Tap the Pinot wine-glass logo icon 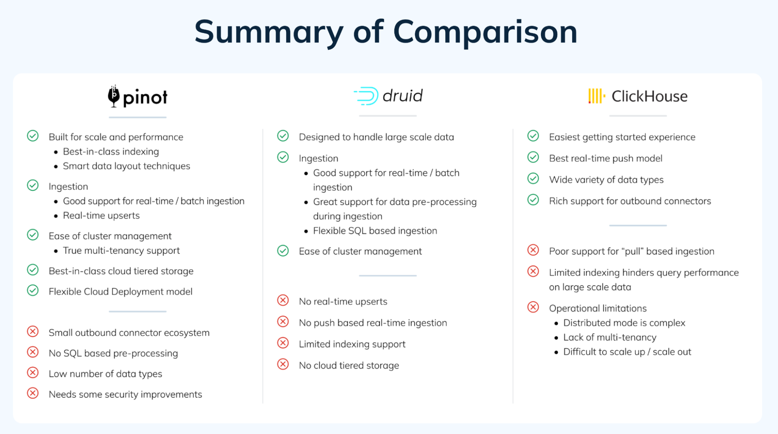(114, 96)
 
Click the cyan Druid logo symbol (367, 96)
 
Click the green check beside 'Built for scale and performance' (33, 136)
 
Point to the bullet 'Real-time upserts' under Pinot (101, 215)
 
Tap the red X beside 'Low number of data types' (33, 373)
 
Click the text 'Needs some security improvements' (125, 394)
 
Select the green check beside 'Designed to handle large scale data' (283, 136)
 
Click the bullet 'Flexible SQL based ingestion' (375, 231)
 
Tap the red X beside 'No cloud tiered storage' (283, 364)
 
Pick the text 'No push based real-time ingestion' (373, 323)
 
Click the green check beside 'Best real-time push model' (533, 157)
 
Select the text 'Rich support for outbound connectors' (630, 201)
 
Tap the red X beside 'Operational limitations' (533, 307)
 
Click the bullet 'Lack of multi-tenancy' (609, 337)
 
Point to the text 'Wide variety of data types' (606, 180)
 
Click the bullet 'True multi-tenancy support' (121, 251)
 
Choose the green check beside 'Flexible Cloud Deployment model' (33, 291)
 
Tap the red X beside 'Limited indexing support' (283, 343)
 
